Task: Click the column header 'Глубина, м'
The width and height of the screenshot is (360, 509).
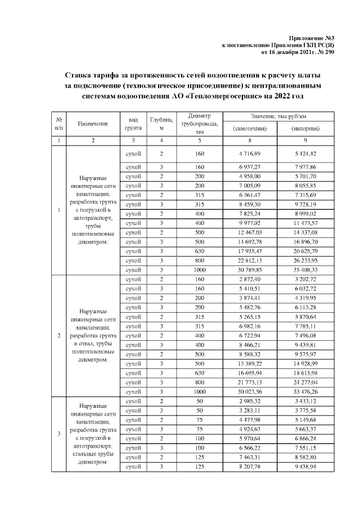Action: coord(161,124)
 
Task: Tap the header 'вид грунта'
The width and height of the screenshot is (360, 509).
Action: coord(133,124)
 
